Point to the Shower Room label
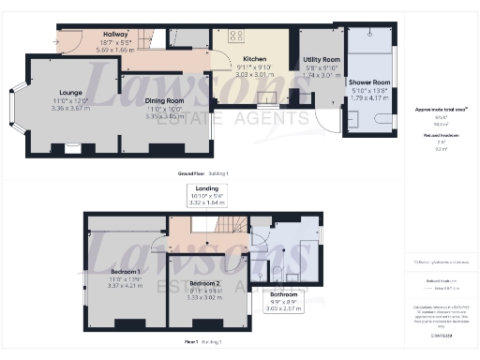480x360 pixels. (x=367, y=82)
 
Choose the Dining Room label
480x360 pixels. (x=162, y=101)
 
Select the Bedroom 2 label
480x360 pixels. (x=203, y=282)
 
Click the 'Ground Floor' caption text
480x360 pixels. (x=191, y=174)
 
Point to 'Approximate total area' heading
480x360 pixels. (x=441, y=110)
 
